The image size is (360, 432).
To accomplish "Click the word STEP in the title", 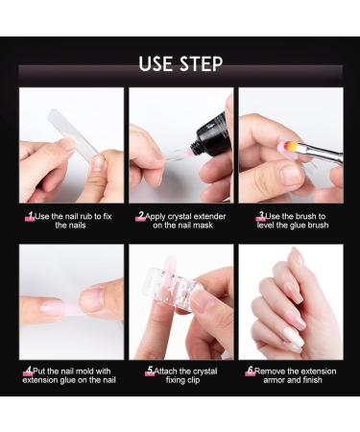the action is pyautogui.click(x=202, y=64).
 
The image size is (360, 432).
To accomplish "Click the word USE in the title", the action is pyautogui.click(x=156, y=64).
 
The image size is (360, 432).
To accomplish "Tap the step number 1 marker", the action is pyautogui.click(x=31, y=216).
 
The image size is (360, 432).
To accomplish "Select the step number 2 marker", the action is pyautogui.click(x=141, y=216).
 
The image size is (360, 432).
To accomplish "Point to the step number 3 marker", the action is pyautogui.click(x=261, y=216).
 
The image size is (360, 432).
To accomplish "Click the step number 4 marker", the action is pyautogui.click(x=29, y=372).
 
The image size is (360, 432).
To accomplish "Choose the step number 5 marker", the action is pyautogui.click(x=150, y=372).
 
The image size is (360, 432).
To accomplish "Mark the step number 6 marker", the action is pyautogui.click(x=251, y=372).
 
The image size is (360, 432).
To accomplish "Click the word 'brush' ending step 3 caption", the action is pyautogui.click(x=318, y=225).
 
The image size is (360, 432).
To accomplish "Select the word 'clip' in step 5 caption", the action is pyautogui.click(x=193, y=380).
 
